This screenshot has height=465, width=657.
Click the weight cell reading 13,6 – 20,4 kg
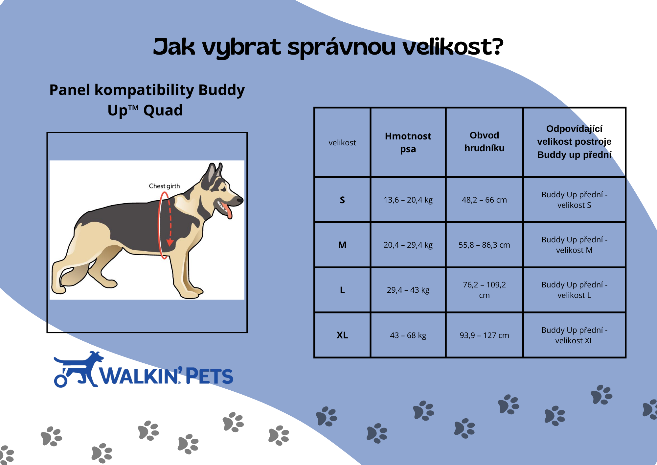(408, 200)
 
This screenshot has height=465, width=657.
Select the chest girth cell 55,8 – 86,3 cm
(484, 245)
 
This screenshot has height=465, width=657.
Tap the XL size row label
(342, 335)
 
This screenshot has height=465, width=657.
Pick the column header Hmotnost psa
(408, 142)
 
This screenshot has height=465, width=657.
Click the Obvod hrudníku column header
(484, 142)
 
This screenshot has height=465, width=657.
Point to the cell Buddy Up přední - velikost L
(574, 290)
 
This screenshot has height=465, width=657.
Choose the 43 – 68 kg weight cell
(408, 335)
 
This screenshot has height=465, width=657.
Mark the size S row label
(342, 200)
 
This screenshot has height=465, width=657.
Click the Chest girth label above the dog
(164, 186)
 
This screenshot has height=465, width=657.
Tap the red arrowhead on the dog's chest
(170, 243)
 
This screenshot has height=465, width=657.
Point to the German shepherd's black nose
(240, 199)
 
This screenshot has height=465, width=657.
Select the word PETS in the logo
(210, 376)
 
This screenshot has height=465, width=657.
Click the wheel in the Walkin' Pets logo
(60, 381)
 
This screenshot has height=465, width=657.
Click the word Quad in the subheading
(163, 110)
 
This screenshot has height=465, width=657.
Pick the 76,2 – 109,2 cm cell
(484, 290)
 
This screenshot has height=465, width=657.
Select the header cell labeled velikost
(342, 143)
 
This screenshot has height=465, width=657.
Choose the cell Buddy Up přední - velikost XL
(574, 335)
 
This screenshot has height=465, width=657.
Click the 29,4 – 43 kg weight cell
(408, 290)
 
